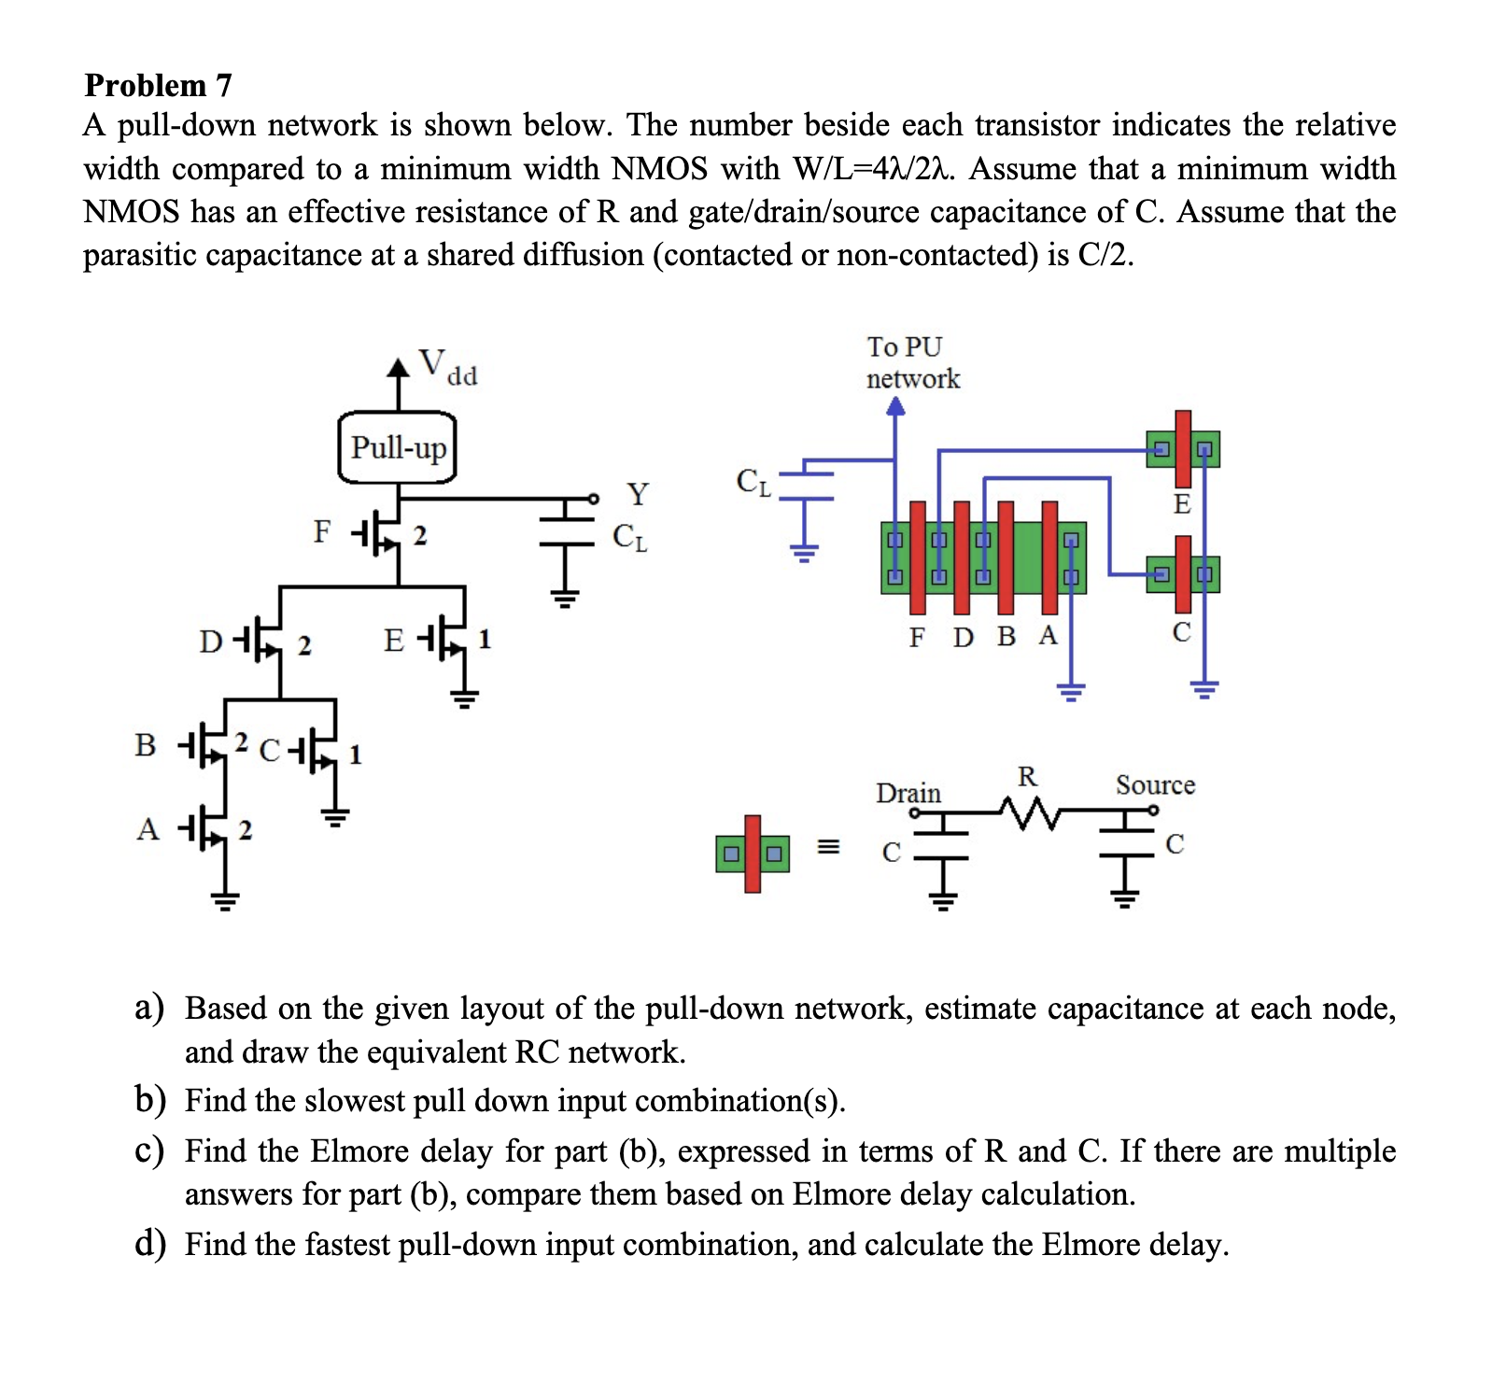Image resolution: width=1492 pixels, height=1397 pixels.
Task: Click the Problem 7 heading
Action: (x=158, y=85)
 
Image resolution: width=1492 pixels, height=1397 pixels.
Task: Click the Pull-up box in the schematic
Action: (x=398, y=447)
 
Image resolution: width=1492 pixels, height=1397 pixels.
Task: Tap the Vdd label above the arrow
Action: (x=446, y=365)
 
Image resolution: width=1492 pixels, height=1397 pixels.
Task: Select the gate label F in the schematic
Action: (x=321, y=531)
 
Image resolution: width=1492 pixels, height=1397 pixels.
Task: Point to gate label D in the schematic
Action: (x=211, y=642)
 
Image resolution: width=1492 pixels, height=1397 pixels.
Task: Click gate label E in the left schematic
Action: (x=394, y=641)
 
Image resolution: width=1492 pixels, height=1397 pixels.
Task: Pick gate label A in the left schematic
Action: (x=148, y=828)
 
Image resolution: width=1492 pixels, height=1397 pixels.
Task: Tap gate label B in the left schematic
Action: (x=145, y=744)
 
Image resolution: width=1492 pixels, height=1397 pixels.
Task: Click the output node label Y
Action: (x=637, y=493)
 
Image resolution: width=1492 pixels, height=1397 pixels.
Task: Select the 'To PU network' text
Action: (x=911, y=362)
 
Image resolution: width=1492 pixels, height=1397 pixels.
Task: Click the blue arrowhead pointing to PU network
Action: (x=895, y=406)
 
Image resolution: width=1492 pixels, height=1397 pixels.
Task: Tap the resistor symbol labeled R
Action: (x=1027, y=811)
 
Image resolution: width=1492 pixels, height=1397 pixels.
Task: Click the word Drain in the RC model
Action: (x=908, y=793)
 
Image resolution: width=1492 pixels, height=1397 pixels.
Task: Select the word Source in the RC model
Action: (x=1155, y=784)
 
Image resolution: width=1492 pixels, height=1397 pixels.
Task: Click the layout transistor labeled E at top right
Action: (x=1183, y=449)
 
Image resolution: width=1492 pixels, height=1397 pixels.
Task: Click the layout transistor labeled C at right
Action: (x=1183, y=573)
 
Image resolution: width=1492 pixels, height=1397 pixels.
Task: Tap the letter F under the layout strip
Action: (x=917, y=637)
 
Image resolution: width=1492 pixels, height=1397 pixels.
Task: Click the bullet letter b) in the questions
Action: (x=149, y=1100)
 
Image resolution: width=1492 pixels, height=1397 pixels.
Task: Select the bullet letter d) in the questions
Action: (x=149, y=1244)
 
